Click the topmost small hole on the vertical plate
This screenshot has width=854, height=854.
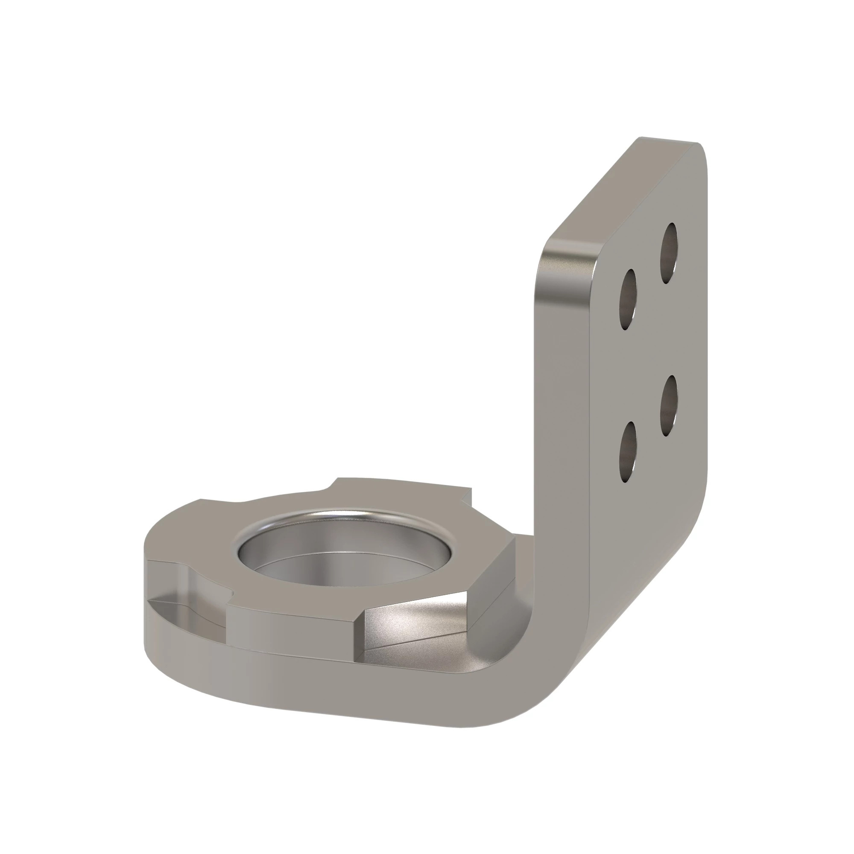pos(668,253)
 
